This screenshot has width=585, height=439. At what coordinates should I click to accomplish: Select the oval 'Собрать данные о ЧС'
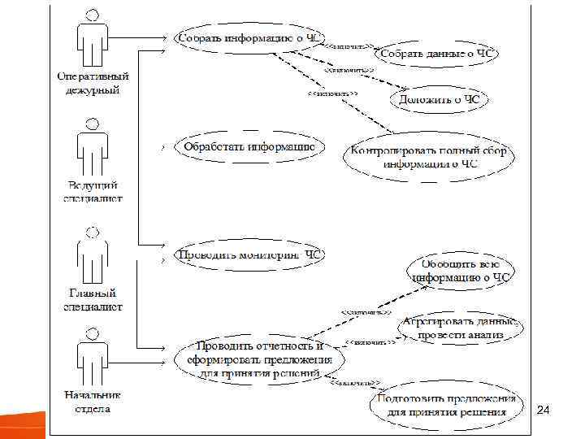pyautogui.click(x=437, y=54)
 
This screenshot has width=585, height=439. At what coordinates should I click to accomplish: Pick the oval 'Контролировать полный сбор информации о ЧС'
pyautogui.click(x=429, y=157)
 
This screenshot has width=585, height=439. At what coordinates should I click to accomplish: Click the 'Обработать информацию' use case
pyautogui.click(x=249, y=147)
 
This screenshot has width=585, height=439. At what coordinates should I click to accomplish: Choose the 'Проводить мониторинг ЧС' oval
pyautogui.click(x=250, y=254)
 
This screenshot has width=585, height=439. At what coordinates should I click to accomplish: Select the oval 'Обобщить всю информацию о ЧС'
pyautogui.click(x=461, y=271)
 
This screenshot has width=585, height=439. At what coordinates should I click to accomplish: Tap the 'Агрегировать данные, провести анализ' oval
pyautogui.click(x=461, y=327)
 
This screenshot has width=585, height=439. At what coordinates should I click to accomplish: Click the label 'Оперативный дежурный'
pyautogui.click(x=93, y=83)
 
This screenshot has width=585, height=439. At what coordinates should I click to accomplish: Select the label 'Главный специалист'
pyautogui.click(x=93, y=300)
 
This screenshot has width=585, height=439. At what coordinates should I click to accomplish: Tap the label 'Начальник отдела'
pyautogui.click(x=93, y=401)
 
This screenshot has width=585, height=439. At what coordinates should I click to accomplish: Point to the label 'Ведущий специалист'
pyautogui.click(x=93, y=190)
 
